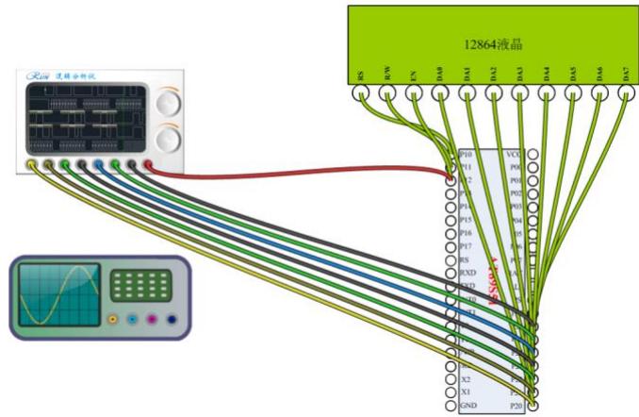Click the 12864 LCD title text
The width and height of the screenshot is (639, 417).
tap(493, 43)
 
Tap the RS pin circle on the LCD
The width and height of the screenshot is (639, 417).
tap(360, 93)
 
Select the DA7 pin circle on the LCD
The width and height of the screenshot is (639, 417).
tap(626, 93)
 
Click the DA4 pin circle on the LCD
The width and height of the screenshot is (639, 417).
tap(546, 93)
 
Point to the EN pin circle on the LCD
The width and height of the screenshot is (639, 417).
tap(413, 93)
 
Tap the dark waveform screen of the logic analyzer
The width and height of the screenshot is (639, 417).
tap(85, 119)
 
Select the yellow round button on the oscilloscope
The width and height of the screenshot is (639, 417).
tap(113, 320)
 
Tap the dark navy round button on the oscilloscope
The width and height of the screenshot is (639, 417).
tap(172, 320)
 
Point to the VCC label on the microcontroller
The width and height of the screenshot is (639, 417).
tap(514, 153)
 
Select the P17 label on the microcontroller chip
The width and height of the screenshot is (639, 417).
tap(466, 245)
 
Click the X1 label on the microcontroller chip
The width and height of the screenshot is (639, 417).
tap(465, 390)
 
